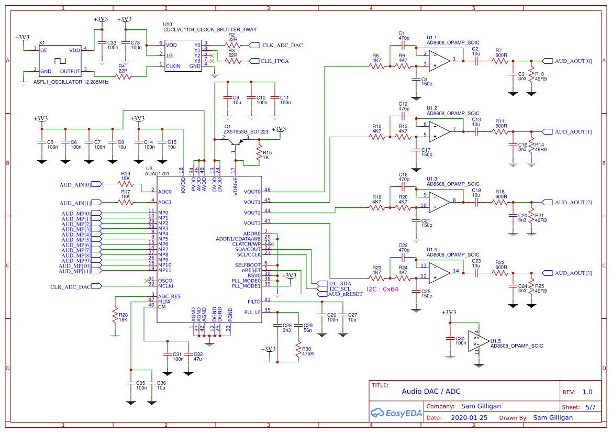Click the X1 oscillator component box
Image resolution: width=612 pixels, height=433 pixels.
click(61, 60)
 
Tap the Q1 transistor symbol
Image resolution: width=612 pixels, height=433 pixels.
click(235, 142)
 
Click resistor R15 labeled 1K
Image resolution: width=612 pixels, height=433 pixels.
click(258, 152)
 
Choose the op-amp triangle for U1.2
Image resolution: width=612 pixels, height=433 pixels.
click(440, 131)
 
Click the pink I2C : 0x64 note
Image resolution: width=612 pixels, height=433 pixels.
click(382, 289)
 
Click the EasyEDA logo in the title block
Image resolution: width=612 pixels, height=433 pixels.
click(395, 413)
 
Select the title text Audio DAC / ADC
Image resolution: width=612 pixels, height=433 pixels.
click(431, 391)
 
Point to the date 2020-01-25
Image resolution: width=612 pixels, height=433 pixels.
click(469, 418)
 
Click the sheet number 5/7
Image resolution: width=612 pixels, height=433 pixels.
click(590, 407)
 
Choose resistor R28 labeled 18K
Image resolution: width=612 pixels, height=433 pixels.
click(115, 315)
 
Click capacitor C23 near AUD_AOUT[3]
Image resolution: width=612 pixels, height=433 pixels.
click(476, 273)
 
